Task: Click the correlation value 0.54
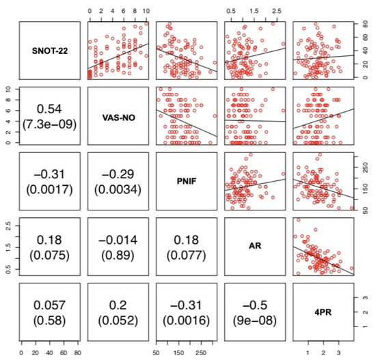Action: (49, 109)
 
